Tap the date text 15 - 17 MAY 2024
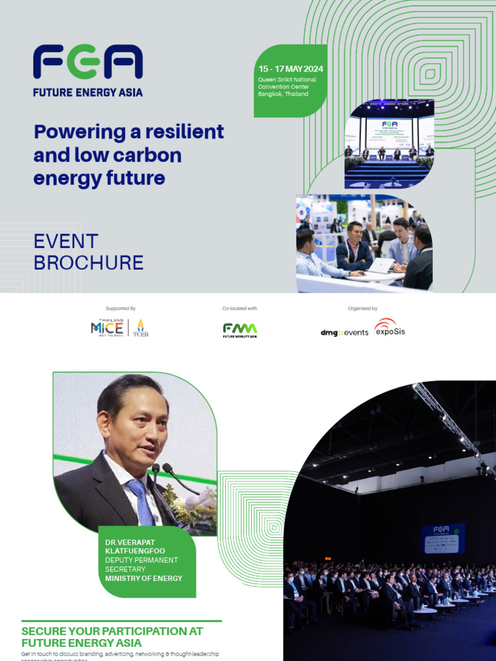[x=291, y=69]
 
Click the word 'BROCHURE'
[x=88, y=263]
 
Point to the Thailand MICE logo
[x=107, y=328]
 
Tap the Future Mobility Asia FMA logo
[x=240, y=330]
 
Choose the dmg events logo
[x=344, y=332]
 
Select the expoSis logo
[x=389, y=329]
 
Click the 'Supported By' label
[x=121, y=309]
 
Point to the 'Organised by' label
[x=362, y=309]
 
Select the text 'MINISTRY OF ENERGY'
[x=143, y=578]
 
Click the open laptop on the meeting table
[x=381, y=265]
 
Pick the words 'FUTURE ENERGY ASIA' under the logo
[x=88, y=92]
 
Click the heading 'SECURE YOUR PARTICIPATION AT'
[x=112, y=631]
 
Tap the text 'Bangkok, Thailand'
[x=283, y=94]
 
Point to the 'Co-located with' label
[x=240, y=309]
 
